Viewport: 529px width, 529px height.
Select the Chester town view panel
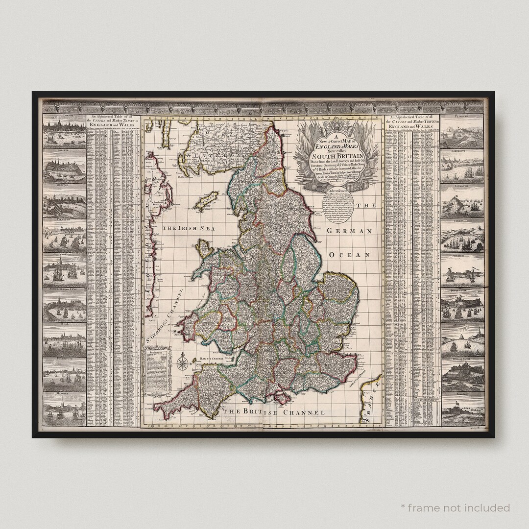[65, 167]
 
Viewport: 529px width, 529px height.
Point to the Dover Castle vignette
[462, 307]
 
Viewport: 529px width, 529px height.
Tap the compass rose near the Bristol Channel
[183, 363]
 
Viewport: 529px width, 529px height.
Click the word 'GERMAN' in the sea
[350, 230]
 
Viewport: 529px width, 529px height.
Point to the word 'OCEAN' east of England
[348, 255]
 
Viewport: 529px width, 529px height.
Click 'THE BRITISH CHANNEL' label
[274, 412]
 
